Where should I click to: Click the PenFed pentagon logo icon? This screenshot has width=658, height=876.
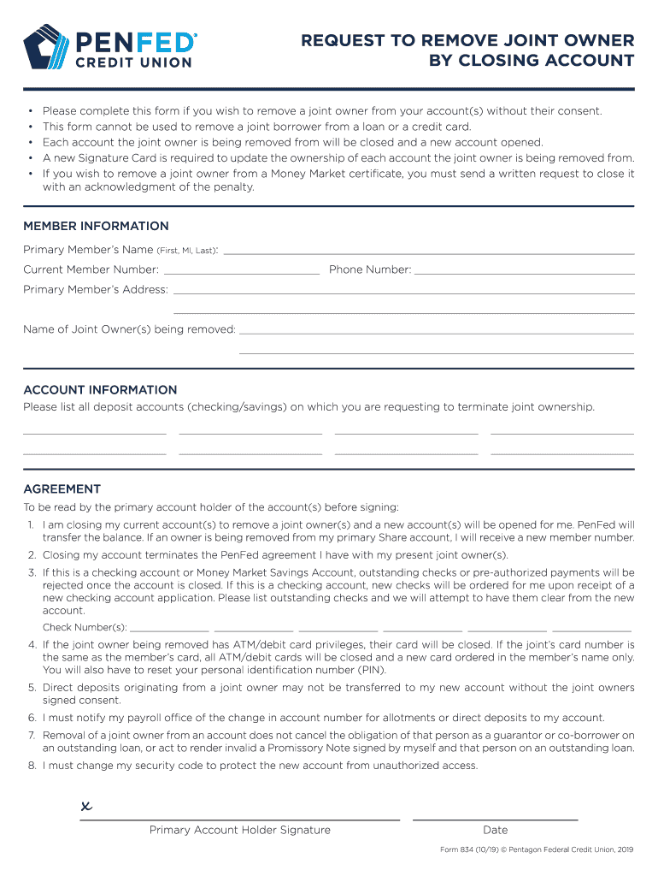click(50, 46)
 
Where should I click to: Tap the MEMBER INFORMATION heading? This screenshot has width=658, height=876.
click(96, 226)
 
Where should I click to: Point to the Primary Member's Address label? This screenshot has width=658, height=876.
click(96, 289)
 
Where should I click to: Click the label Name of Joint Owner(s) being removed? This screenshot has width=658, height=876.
click(129, 329)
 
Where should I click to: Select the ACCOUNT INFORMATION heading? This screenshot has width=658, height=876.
click(100, 389)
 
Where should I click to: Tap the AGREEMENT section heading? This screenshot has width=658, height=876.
click(62, 488)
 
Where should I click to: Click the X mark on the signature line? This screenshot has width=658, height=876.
click(85, 806)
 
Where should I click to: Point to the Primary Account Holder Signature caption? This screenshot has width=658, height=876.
click(239, 830)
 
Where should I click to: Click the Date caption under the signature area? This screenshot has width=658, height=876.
click(495, 830)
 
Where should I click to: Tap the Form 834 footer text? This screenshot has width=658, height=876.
click(536, 849)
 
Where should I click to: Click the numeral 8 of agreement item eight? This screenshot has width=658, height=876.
click(31, 766)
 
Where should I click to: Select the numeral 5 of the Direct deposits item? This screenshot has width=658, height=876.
click(31, 687)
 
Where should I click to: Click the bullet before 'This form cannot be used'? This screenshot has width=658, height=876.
click(30, 127)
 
